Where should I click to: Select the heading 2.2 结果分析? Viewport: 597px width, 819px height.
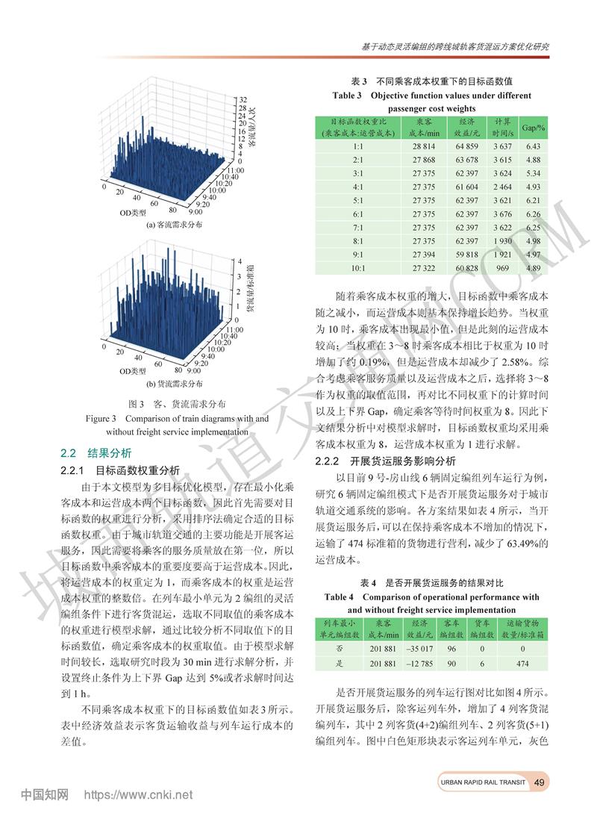(96, 452)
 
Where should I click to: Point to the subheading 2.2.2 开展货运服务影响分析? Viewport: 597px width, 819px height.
(386, 460)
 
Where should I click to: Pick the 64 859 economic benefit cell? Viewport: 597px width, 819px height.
(466, 147)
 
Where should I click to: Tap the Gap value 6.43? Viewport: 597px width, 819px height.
(533, 147)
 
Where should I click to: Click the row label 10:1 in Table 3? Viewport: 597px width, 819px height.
(357, 267)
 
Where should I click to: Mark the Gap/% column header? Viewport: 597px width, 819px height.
(533, 127)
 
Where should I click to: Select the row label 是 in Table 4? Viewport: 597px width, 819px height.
(340, 663)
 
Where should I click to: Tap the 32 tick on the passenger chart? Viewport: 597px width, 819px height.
(243, 99)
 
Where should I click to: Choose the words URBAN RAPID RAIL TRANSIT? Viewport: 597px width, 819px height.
(482, 782)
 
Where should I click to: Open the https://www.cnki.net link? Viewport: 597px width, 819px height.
(139, 794)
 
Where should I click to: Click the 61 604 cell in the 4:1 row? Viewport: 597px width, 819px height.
(466, 187)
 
